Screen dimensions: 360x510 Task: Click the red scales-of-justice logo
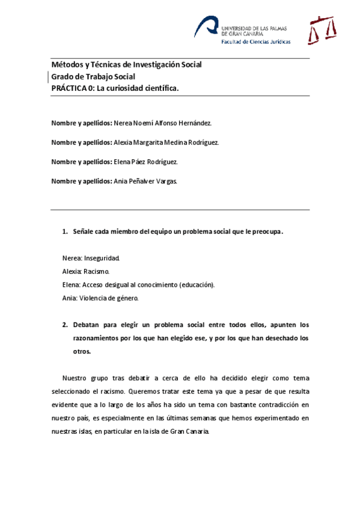point(320,31)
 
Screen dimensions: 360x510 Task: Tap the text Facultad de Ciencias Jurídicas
point(256,42)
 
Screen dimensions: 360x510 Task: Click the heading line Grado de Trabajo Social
point(93,76)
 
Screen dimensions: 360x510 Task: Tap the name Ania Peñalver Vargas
point(145,181)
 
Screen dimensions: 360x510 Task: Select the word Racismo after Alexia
point(96,271)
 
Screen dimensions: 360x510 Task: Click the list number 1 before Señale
point(65,232)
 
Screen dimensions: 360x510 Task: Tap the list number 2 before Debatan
point(65,324)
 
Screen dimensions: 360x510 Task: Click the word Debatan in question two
point(88,324)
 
